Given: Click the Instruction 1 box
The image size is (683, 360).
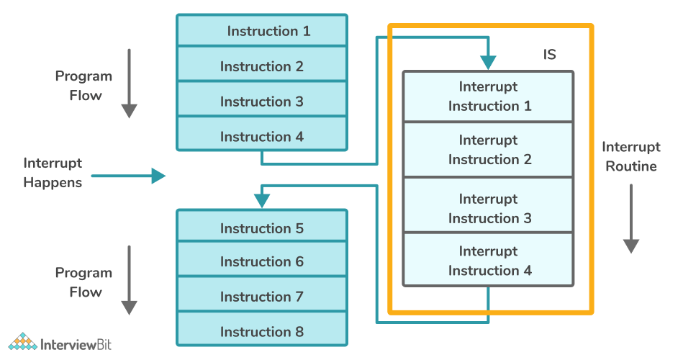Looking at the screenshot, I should (x=262, y=31).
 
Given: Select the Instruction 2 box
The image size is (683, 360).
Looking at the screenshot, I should (x=262, y=66).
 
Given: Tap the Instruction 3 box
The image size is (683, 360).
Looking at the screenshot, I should (x=262, y=102).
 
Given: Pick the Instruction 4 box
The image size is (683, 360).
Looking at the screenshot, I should (x=262, y=137).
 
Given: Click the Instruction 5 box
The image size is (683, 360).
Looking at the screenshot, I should (x=262, y=228).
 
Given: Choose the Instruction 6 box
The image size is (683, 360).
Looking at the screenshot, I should (x=262, y=262).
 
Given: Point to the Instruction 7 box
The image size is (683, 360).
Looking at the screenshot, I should (x=262, y=297).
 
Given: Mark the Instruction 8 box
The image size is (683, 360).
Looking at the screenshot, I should (x=262, y=331).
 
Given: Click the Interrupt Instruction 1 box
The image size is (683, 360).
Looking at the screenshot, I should (x=489, y=96).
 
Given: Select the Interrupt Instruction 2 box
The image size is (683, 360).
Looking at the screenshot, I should (x=489, y=150).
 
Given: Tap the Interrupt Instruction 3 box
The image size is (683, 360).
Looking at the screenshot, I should (x=489, y=208).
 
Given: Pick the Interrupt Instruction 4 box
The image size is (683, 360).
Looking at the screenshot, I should (x=489, y=261).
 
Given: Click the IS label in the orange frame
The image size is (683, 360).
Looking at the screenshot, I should (x=549, y=55).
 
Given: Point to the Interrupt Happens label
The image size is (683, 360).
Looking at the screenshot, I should (x=53, y=173).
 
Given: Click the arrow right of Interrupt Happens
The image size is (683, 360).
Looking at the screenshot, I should (x=129, y=176).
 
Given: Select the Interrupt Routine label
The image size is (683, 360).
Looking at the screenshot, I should (x=631, y=157).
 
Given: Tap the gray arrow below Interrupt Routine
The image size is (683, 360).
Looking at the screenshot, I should (x=631, y=219).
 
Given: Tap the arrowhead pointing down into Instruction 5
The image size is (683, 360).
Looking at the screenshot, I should (x=262, y=202).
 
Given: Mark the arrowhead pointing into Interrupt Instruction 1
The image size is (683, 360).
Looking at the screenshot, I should (x=489, y=63).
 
